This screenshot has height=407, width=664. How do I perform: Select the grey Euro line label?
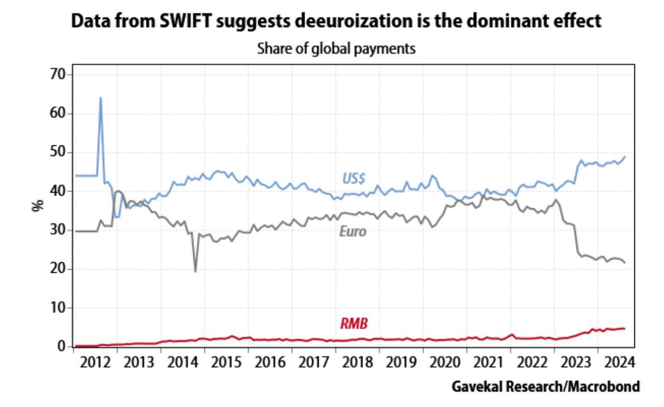[352, 232]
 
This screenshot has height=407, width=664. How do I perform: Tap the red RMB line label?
[354, 324]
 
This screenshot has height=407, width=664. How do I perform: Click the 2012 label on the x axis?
[95, 362]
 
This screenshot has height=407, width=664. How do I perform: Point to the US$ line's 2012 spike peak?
[101, 98]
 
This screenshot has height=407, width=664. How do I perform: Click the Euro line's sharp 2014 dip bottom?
[195, 271]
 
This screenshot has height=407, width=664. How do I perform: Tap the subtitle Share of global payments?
[336, 49]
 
